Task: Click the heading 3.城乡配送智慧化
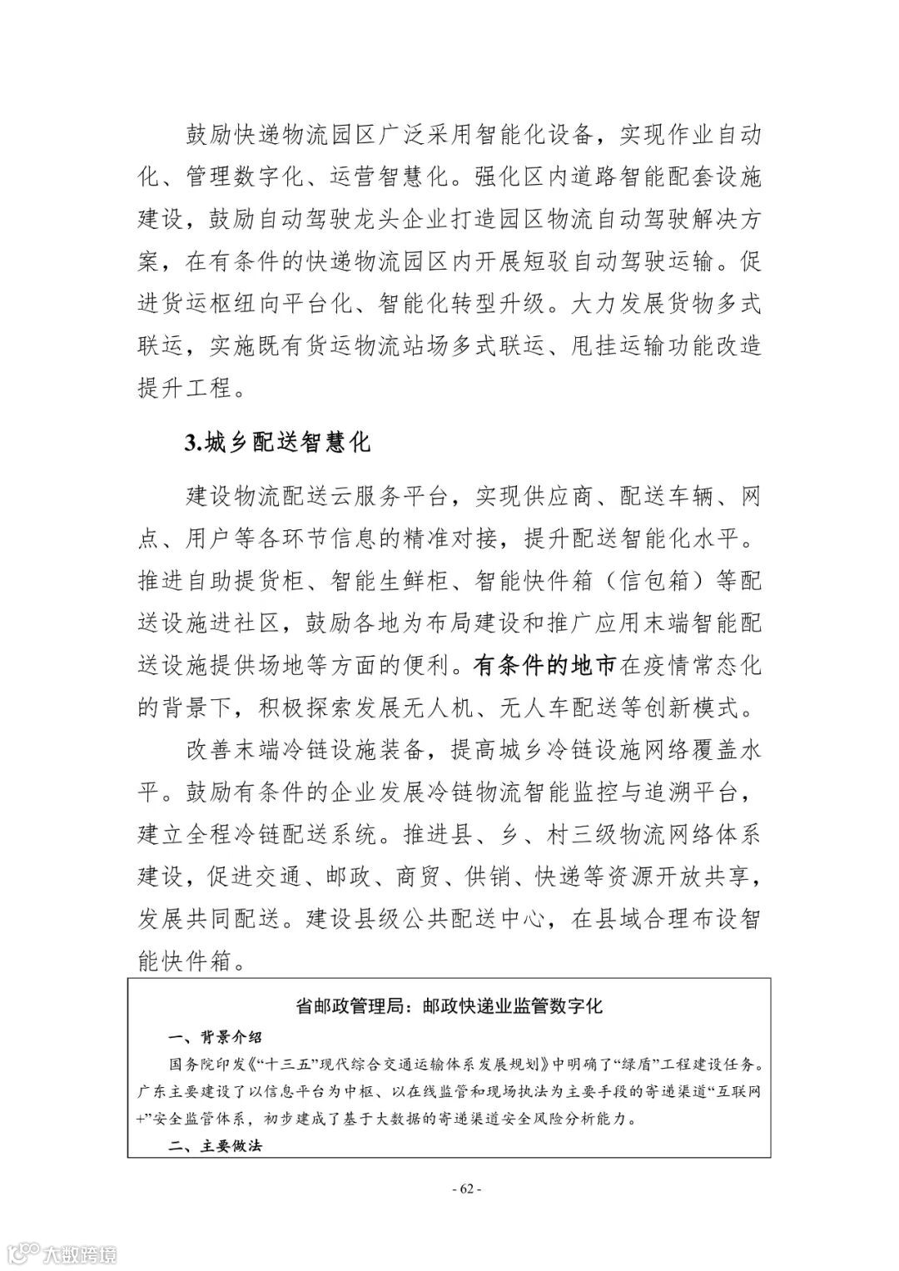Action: (277, 442)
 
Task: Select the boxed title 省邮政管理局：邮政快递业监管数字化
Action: (449, 1005)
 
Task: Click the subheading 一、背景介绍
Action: (215, 1037)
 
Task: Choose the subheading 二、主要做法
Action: (215, 1145)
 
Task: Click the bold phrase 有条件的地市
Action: (545, 666)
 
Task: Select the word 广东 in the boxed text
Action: (151, 1091)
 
